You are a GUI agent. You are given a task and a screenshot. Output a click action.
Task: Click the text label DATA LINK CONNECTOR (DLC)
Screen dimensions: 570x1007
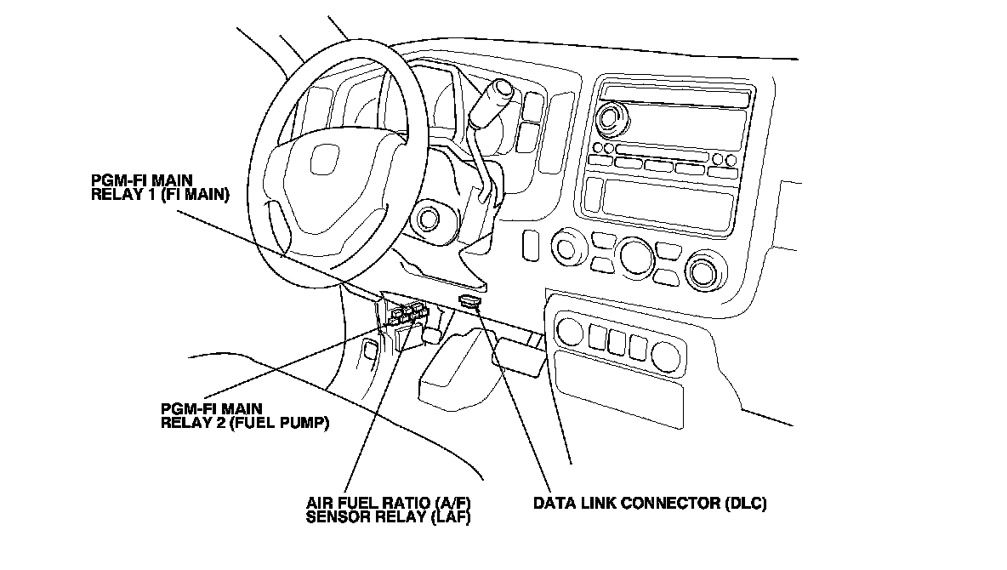(650, 503)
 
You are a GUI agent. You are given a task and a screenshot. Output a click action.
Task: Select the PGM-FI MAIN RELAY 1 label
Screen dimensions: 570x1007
(160, 187)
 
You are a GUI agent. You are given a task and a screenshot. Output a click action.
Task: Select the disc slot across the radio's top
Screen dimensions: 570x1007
(674, 96)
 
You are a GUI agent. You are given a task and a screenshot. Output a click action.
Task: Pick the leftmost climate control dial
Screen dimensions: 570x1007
(565, 248)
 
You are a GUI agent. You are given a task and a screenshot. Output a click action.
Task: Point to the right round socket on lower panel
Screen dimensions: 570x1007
(666, 356)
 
